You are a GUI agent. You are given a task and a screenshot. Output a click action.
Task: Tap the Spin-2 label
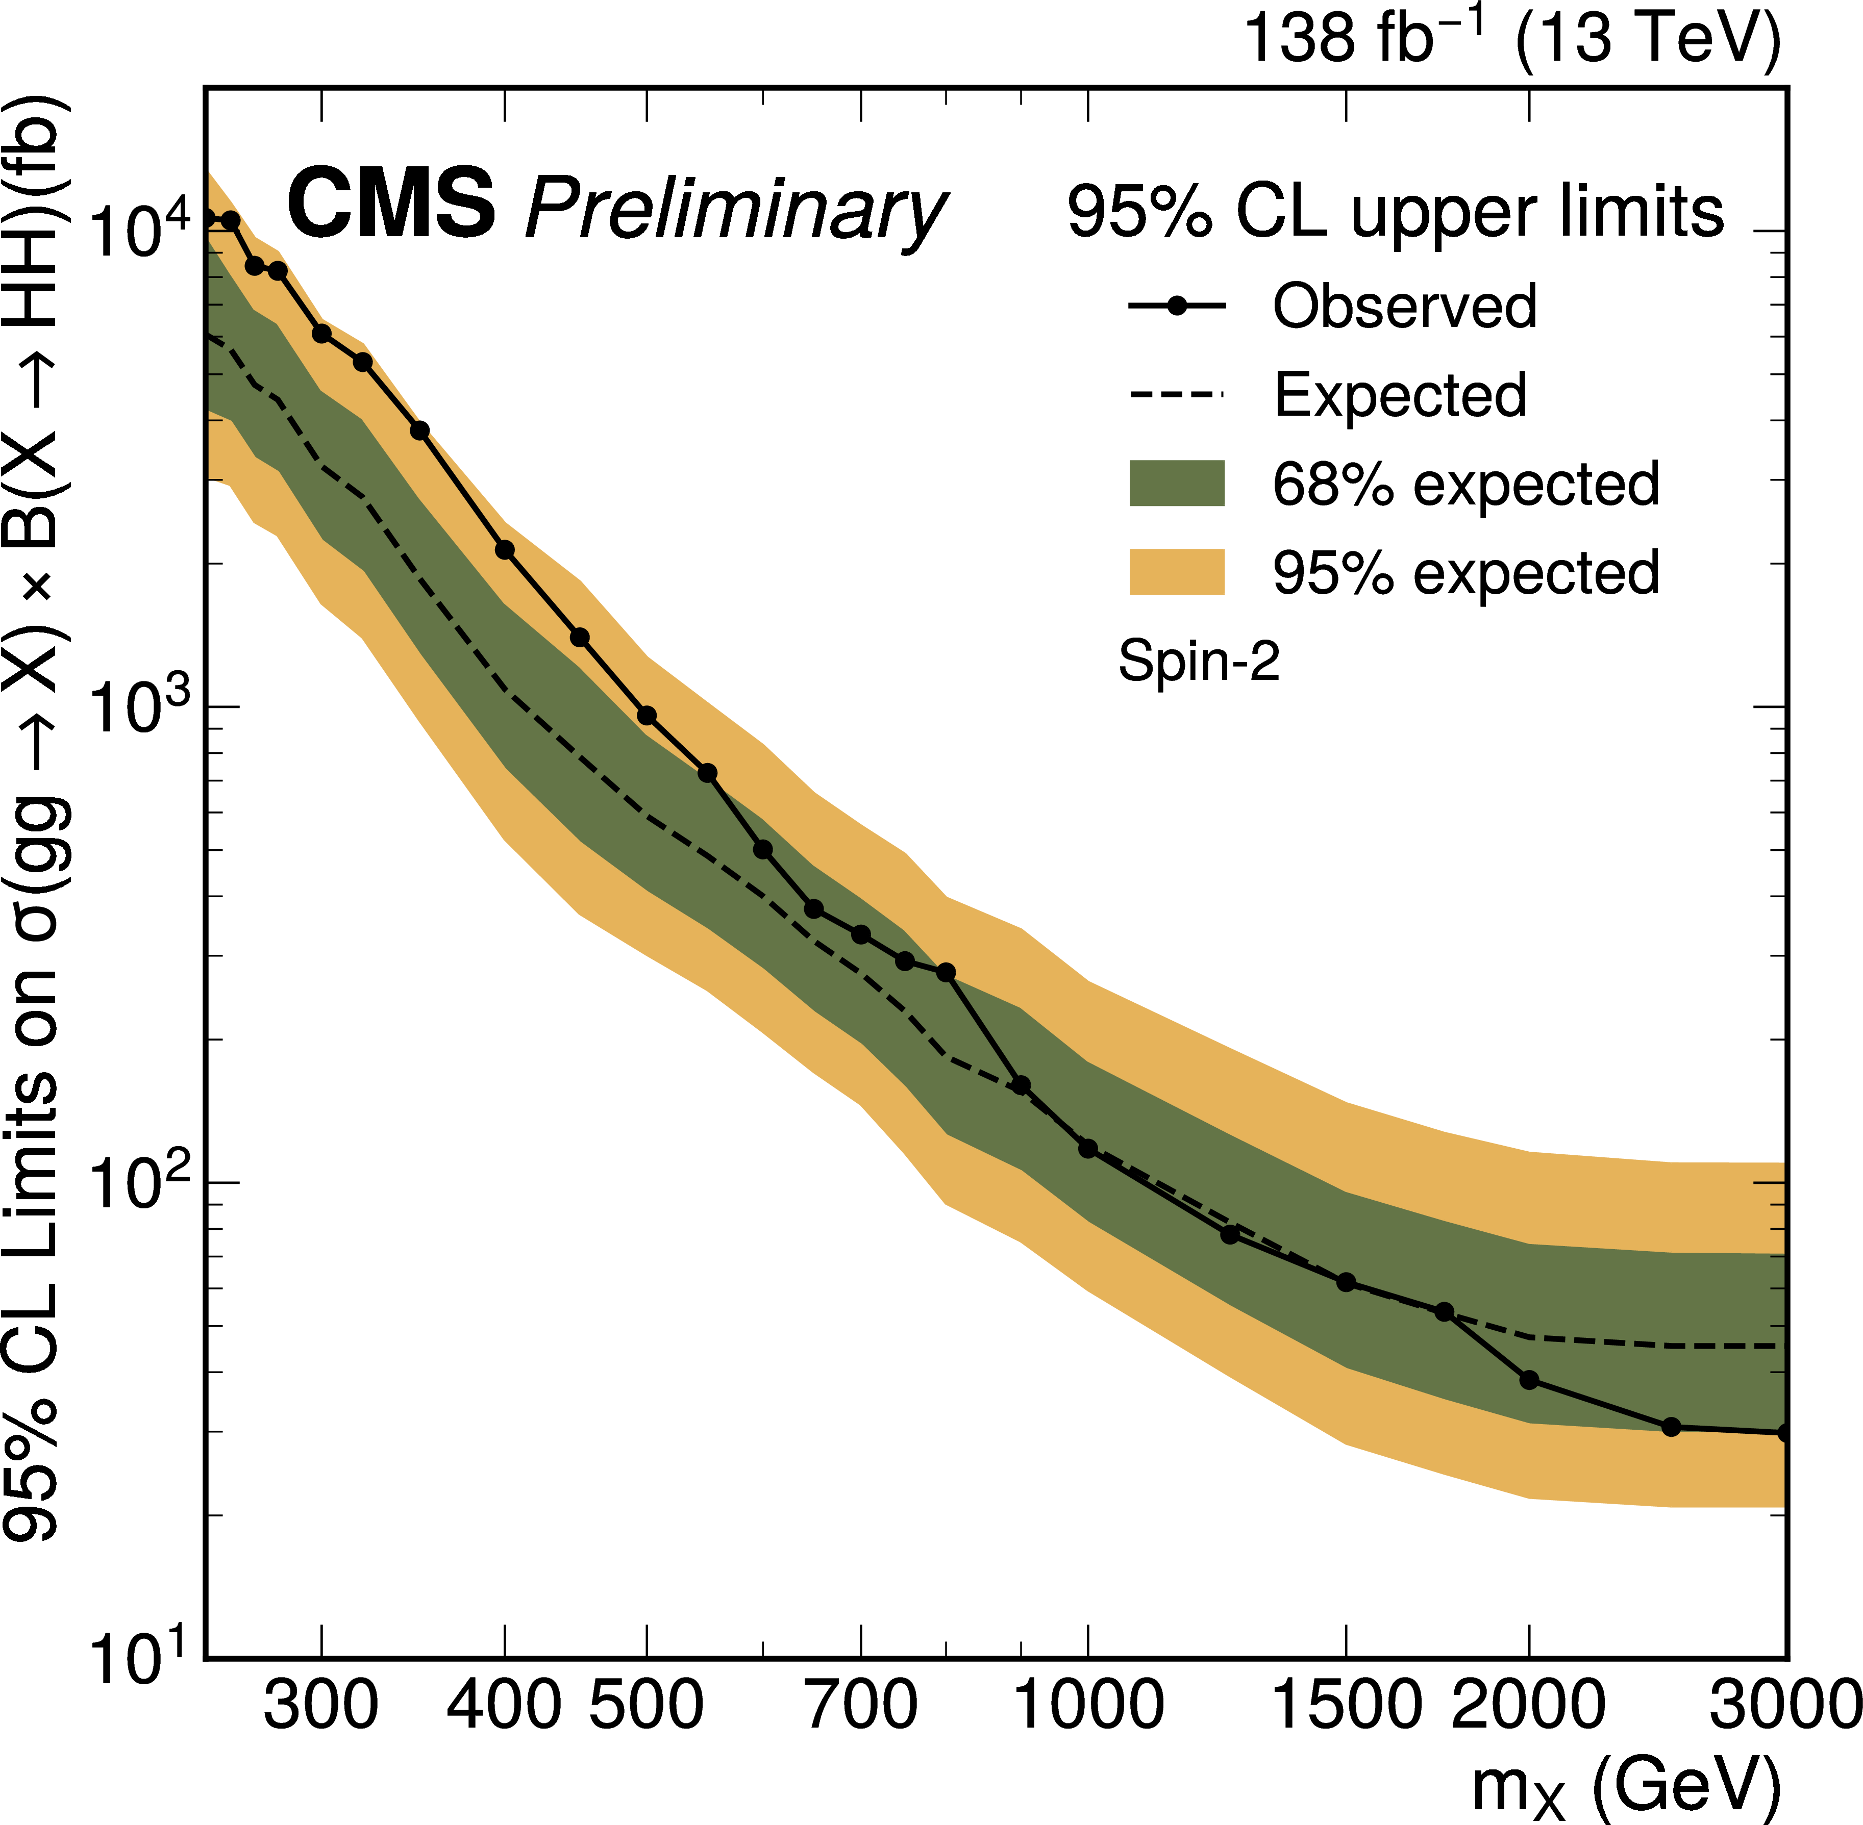click(x=1199, y=662)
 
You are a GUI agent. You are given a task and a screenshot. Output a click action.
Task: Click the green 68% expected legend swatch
click(x=1177, y=483)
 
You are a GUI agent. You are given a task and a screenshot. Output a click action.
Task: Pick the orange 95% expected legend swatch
click(x=1177, y=572)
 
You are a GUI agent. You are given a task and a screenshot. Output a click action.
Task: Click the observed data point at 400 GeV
click(x=504, y=550)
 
